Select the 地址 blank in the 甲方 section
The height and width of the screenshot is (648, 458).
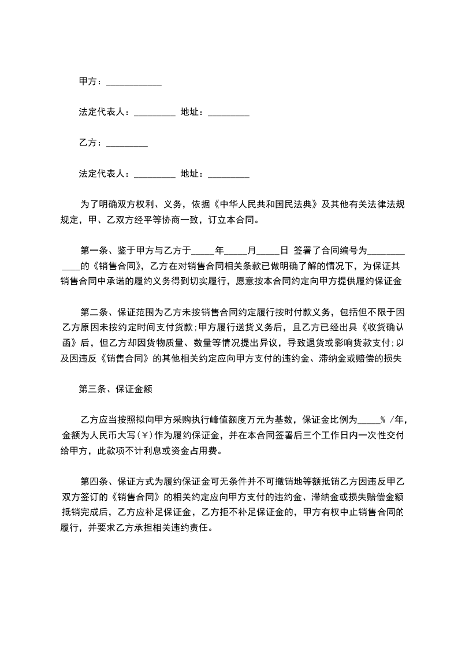[228, 114]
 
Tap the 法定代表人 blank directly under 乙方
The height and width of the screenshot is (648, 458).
[154, 174]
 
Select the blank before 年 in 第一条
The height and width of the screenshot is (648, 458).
[202, 252]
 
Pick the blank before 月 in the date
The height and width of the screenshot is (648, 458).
[235, 252]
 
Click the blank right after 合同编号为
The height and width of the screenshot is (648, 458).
[386, 252]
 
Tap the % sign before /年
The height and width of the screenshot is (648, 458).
[382, 420]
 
